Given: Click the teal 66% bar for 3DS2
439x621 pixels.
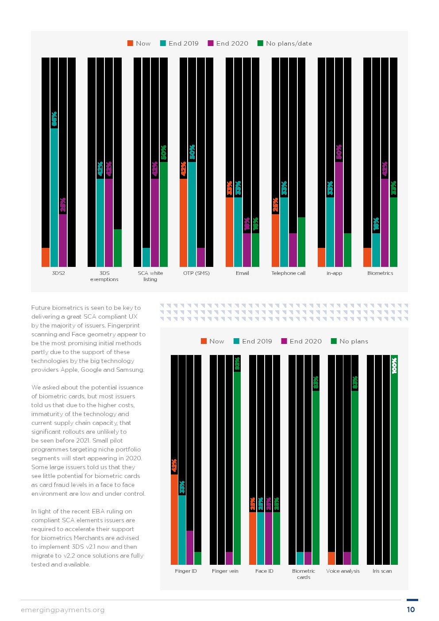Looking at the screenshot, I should (x=54, y=197).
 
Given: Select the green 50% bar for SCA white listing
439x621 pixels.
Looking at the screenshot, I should (x=164, y=214).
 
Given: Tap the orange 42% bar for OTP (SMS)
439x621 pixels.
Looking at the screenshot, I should (x=183, y=223).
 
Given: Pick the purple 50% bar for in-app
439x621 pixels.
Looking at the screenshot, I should (x=339, y=214).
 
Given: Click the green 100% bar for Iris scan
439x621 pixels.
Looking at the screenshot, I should (x=394, y=460).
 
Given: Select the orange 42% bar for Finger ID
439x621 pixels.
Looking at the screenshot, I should (x=174, y=519).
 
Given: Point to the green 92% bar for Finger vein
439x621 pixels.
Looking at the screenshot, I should (x=237, y=468).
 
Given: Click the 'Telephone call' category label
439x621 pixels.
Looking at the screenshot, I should (x=288, y=273).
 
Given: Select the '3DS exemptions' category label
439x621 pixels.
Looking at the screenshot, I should (x=104, y=276).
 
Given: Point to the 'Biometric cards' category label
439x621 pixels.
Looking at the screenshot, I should (x=304, y=574).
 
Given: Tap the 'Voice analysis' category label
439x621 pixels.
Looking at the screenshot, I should (x=343, y=571).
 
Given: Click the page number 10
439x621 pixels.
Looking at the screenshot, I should (x=411, y=609).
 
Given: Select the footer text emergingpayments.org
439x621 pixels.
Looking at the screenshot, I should (x=63, y=610).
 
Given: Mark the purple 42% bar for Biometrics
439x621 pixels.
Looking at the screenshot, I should (x=385, y=223).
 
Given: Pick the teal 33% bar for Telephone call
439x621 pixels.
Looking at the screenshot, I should (x=284, y=232).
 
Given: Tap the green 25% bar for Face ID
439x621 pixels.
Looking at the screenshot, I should (x=276, y=538).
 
